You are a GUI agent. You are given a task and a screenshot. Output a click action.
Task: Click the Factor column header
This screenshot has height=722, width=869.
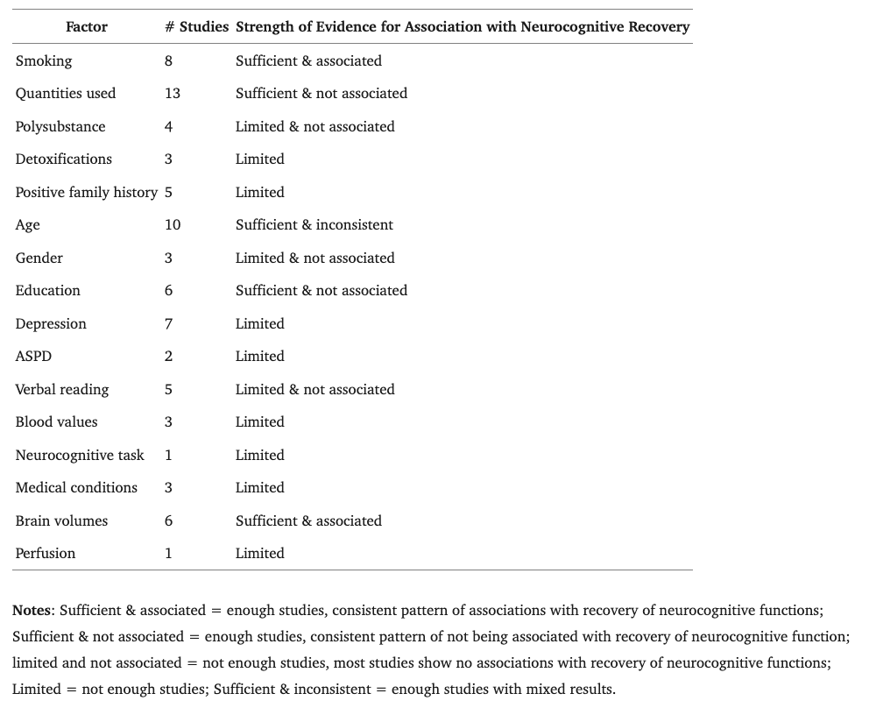pyautogui.click(x=87, y=27)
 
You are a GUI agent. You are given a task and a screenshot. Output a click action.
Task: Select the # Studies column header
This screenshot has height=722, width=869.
pyautogui.click(x=196, y=27)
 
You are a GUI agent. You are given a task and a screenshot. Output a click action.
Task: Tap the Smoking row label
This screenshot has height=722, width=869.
pyautogui.click(x=44, y=61)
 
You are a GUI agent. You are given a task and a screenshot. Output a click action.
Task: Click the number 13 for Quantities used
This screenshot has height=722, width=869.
pyautogui.click(x=173, y=94)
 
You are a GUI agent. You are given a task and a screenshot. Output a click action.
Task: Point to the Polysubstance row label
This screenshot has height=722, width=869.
pyautogui.click(x=60, y=127)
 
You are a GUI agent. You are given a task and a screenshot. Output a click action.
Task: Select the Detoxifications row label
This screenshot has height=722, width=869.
pyautogui.click(x=64, y=159)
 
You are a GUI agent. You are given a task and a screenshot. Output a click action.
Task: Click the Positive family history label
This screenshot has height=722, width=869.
pyautogui.click(x=87, y=193)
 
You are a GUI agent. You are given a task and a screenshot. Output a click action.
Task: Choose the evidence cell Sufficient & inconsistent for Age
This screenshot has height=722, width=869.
pyautogui.click(x=314, y=225)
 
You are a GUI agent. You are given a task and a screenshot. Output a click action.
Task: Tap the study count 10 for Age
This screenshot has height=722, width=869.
pyautogui.click(x=173, y=225)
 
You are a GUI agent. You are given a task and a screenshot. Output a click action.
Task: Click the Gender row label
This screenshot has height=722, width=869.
pyautogui.click(x=39, y=258)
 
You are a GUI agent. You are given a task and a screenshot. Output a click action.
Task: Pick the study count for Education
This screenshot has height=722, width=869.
pyautogui.click(x=169, y=291)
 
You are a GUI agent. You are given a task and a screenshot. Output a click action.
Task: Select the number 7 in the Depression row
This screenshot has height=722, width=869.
pyautogui.click(x=169, y=324)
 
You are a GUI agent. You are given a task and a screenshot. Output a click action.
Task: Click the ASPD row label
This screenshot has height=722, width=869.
pyautogui.click(x=33, y=357)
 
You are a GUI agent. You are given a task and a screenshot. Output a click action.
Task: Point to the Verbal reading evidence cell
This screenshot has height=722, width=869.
pyautogui.click(x=315, y=390)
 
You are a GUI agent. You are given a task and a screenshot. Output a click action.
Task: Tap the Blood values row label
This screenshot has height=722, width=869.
pyautogui.click(x=57, y=422)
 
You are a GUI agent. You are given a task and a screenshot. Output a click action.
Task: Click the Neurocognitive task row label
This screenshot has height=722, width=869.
pyautogui.click(x=80, y=456)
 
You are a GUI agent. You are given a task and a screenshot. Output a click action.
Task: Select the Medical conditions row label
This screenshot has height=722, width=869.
pyautogui.click(x=76, y=488)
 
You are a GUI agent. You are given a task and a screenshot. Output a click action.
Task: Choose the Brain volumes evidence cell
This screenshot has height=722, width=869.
pyautogui.click(x=308, y=521)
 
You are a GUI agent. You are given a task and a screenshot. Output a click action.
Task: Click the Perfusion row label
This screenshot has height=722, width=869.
pyautogui.click(x=46, y=554)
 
